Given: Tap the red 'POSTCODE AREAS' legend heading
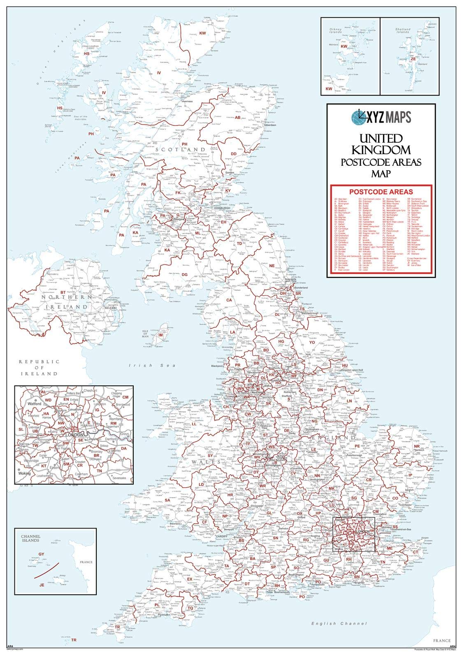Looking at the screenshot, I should coord(381,192).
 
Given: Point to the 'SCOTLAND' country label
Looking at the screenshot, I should coord(180,149).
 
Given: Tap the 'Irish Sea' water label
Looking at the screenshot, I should coord(152,365).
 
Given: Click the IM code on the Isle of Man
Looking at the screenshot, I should coord(161,335).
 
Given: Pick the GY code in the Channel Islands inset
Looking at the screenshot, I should coord(41,554).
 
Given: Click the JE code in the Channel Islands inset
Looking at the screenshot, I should coord(41,584).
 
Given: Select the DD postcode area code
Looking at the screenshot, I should coord(234,153).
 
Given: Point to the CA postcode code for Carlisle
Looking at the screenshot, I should coord(230,300).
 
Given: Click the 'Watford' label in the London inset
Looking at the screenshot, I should coord(35,404).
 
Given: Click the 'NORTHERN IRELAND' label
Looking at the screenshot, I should coord(67,301).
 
